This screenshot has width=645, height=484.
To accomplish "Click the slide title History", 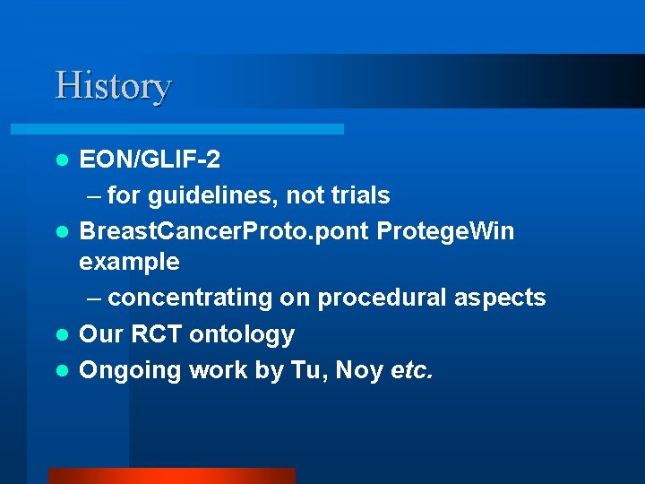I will [113, 86].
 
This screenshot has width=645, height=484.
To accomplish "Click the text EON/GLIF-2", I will [150, 160].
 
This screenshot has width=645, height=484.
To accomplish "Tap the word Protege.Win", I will [445, 231].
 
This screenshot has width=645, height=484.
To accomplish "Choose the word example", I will [129, 263].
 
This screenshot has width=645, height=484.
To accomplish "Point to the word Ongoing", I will [130, 371].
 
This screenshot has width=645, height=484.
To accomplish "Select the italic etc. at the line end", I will [412, 370].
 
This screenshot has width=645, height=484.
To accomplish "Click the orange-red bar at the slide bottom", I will [171, 476].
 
